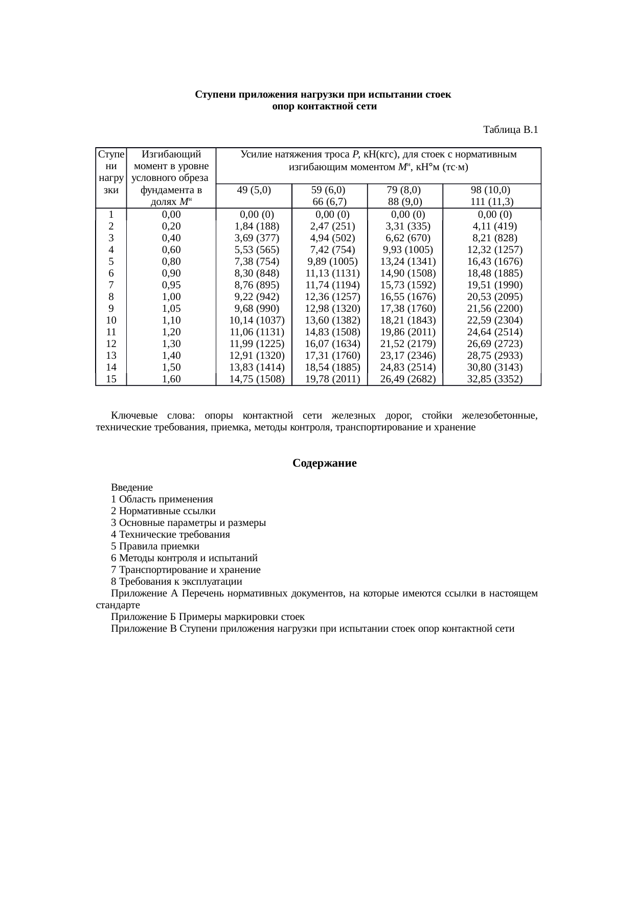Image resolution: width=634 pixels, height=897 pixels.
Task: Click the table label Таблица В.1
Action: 510,130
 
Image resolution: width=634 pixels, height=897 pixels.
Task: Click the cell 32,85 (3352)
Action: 494,379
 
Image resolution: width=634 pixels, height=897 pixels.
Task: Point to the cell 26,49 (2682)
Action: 407,379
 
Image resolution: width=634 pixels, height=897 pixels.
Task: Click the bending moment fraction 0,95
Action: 171,285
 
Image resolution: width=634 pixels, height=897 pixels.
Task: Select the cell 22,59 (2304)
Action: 494,320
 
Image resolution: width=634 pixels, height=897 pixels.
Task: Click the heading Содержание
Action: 324,463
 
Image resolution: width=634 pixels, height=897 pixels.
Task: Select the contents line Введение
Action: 131,488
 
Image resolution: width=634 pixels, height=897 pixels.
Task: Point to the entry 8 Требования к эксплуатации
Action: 176,582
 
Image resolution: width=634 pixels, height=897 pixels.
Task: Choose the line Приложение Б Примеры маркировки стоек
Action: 208,617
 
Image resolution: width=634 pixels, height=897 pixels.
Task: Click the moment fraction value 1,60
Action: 171,379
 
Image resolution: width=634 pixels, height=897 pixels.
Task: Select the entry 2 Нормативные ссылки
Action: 163,511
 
